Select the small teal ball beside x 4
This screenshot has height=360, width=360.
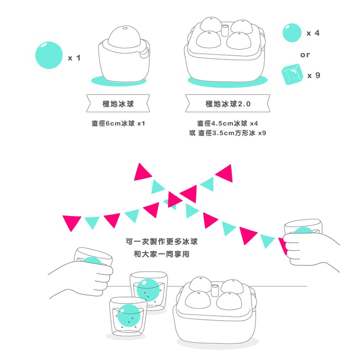click(x=292, y=33)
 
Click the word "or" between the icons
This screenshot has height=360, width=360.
click(x=305, y=55)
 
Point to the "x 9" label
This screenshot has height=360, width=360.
click(x=313, y=75)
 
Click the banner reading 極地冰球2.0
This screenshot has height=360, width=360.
click(x=228, y=104)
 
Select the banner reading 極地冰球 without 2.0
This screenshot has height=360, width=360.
click(x=118, y=104)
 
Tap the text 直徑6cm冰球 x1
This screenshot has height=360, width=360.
click(x=118, y=123)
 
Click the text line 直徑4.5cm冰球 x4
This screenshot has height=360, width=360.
click(x=228, y=123)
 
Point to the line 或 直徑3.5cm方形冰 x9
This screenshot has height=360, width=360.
click(x=227, y=133)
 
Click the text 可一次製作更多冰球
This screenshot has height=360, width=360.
click(x=161, y=242)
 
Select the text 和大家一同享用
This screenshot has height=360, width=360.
click(x=161, y=254)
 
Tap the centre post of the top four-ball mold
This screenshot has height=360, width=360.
click(x=225, y=31)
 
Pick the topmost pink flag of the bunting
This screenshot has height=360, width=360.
click(x=143, y=171)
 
